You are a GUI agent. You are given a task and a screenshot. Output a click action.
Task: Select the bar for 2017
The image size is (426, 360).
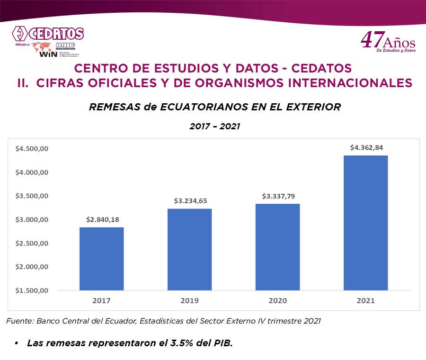[101, 259]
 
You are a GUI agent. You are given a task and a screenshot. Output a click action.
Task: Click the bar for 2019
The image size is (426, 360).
[189, 249]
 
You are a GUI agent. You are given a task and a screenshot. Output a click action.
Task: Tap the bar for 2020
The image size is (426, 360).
[277, 247]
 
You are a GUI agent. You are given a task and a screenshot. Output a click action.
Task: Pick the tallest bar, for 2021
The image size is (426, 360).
[365, 223]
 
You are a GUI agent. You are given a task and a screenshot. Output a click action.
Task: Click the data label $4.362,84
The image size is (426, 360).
[366, 147]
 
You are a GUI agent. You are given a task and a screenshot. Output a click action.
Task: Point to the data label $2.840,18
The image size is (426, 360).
[102, 219]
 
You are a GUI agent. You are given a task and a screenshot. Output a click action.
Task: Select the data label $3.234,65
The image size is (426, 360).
[190, 201]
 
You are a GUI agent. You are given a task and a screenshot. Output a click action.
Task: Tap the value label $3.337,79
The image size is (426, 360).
[278, 196]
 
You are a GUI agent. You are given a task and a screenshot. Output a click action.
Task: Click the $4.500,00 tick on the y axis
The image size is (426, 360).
[32, 149]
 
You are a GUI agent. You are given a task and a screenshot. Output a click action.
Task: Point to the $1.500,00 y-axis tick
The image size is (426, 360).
[32, 290]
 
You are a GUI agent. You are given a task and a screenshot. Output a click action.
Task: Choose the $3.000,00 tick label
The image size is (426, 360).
[32, 220]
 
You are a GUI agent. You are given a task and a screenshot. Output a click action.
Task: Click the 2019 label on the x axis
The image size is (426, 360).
[189, 301]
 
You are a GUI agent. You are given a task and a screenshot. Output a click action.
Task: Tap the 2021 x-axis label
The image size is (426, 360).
[365, 301]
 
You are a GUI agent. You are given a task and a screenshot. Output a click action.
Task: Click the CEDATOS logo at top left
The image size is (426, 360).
[48, 34]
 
